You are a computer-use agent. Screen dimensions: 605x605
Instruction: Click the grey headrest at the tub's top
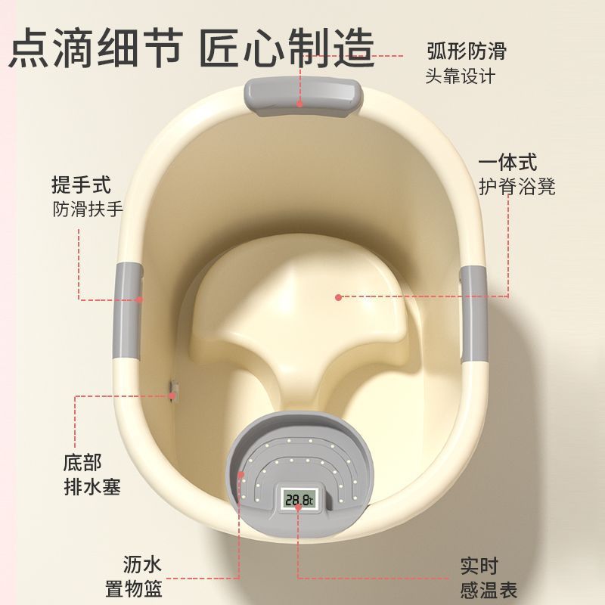[x=303, y=96]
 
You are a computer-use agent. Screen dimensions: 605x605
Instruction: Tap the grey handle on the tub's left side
[x=127, y=311]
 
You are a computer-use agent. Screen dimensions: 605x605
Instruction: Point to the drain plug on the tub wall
[x=175, y=391]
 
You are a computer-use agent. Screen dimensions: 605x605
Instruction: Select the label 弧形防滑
[x=466, y=51]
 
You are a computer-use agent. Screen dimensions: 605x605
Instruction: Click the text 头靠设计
[x=461, y=76]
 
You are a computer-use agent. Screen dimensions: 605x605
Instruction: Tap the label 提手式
[x=82, y=185]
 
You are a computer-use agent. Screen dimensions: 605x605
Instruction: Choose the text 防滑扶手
[x=88, y=209]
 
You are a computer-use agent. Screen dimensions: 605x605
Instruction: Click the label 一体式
[x=507, y=162]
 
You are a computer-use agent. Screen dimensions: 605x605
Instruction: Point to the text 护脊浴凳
[x=517, y=187]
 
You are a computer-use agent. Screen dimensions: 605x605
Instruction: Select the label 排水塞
[x=92, y=487]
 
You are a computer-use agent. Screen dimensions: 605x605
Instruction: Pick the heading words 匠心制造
[x=287, y=48]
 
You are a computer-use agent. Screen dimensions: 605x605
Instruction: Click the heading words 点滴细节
[x=95, y=48]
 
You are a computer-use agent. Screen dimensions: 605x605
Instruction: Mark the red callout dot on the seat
[x=338, y=297]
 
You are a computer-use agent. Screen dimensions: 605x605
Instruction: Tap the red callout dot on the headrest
[x=299, y=104]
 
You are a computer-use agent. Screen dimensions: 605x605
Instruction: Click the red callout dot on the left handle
[x=140, y=299]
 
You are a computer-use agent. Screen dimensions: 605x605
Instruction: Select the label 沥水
[x=142, y=564]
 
